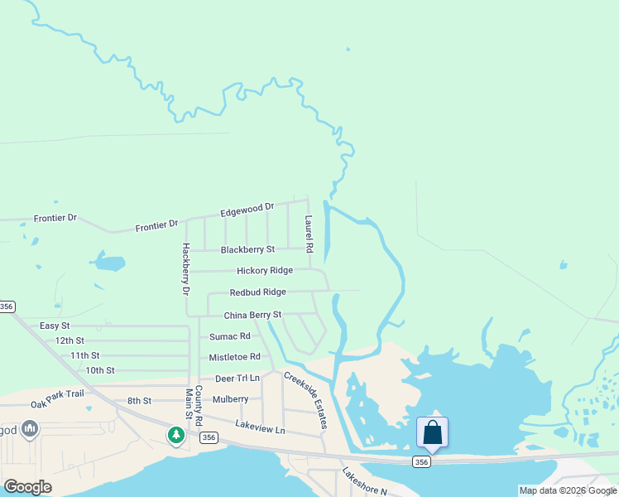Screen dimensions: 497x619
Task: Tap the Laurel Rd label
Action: click(x=309, y=234)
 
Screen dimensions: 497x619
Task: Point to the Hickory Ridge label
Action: click(x=264, y=271)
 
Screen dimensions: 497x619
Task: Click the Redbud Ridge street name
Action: click(x=257, y=292)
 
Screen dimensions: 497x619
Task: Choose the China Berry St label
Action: click(x=252, y=316)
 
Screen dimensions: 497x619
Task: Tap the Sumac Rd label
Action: click(x=229, y=336)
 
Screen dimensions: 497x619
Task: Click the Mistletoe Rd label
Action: click(x=234, y=357)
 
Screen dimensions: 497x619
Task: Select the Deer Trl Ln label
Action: click(x=237, y=379)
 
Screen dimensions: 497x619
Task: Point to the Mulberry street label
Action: click(x=230, y=399)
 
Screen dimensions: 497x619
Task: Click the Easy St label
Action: click(x=55, y=326)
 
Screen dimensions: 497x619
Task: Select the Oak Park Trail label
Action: click(x=58, y=393)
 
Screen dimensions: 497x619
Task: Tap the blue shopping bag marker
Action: click(x=432, y=432)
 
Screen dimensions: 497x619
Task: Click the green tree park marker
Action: click(x=175, y=433)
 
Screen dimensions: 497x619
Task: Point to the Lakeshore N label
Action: click(x=365, y=481)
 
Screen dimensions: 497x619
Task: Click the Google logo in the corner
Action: click(x=27, y=487)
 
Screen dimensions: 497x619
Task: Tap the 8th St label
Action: click(x=139, y=401)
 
